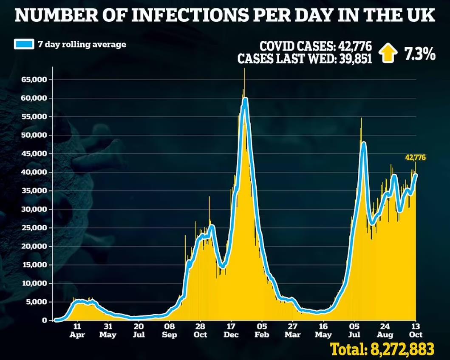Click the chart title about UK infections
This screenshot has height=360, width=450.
pos(225,16)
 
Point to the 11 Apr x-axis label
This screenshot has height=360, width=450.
pos(78,331)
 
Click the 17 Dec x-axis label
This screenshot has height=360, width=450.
pos(231,331)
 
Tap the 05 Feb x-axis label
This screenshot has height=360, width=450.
pos(262,331)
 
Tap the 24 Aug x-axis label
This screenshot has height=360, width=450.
pos(385,331)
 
